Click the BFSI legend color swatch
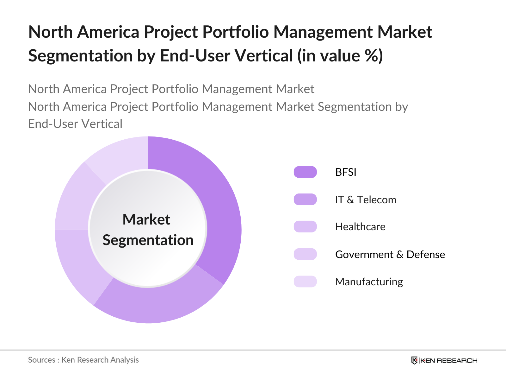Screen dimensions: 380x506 305,172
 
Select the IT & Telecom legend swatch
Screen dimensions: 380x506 305,199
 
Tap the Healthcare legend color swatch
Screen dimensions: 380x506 305,227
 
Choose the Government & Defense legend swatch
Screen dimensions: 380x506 305,254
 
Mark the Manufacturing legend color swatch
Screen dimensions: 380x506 305,282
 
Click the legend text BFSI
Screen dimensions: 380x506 346,172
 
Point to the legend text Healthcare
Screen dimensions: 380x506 360,227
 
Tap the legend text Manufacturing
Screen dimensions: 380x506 369,282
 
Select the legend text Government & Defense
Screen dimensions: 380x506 390,254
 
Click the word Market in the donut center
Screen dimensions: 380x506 146,219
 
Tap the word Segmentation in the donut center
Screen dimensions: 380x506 148,240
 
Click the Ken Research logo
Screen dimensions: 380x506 444,360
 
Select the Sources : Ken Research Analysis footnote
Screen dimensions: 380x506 83,360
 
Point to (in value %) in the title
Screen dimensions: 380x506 340,56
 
